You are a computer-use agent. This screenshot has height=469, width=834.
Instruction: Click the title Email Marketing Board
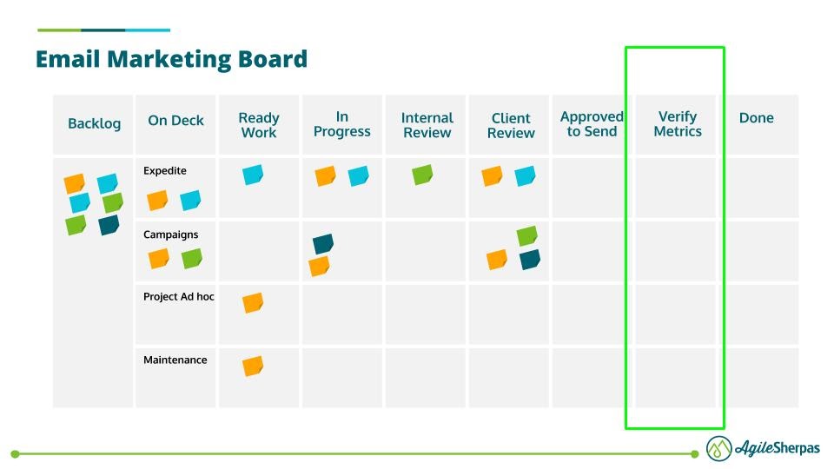click(171, 59)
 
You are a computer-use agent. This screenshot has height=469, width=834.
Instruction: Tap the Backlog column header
click(94, 124)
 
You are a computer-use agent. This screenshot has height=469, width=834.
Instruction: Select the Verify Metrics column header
click(677, 124)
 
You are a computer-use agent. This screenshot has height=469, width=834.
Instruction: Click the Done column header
click(756, 118)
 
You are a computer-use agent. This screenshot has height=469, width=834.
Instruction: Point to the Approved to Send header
click(592, 124)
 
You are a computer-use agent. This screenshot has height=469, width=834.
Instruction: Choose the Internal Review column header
click(427, 125)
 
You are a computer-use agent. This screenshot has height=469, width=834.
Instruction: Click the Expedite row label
click(165, 171)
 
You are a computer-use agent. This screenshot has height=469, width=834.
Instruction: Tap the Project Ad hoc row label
click(178, 297)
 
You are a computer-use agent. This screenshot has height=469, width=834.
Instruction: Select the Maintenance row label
click(175, 360)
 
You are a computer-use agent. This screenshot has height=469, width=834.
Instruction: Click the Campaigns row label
click(170, 234)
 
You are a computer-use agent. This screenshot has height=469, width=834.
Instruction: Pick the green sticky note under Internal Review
click(422, 175)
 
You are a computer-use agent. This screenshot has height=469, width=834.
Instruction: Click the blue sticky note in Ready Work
click(253, 175)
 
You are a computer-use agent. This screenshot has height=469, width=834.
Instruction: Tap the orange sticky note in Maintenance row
click(253, 367)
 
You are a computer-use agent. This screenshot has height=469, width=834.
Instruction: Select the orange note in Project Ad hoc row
click(253, 303)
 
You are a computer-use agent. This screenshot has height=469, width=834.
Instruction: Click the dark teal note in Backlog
click(109, 226)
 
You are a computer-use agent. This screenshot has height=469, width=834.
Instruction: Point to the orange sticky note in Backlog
click(75, 184)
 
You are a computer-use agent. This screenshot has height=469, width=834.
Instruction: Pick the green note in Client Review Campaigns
click(526, 236)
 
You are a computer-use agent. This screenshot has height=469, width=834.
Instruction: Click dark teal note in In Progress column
click(323, 245)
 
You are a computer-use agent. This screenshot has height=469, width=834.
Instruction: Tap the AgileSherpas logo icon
click(718, 448)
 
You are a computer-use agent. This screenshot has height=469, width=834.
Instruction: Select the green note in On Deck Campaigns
click(192, 259)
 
